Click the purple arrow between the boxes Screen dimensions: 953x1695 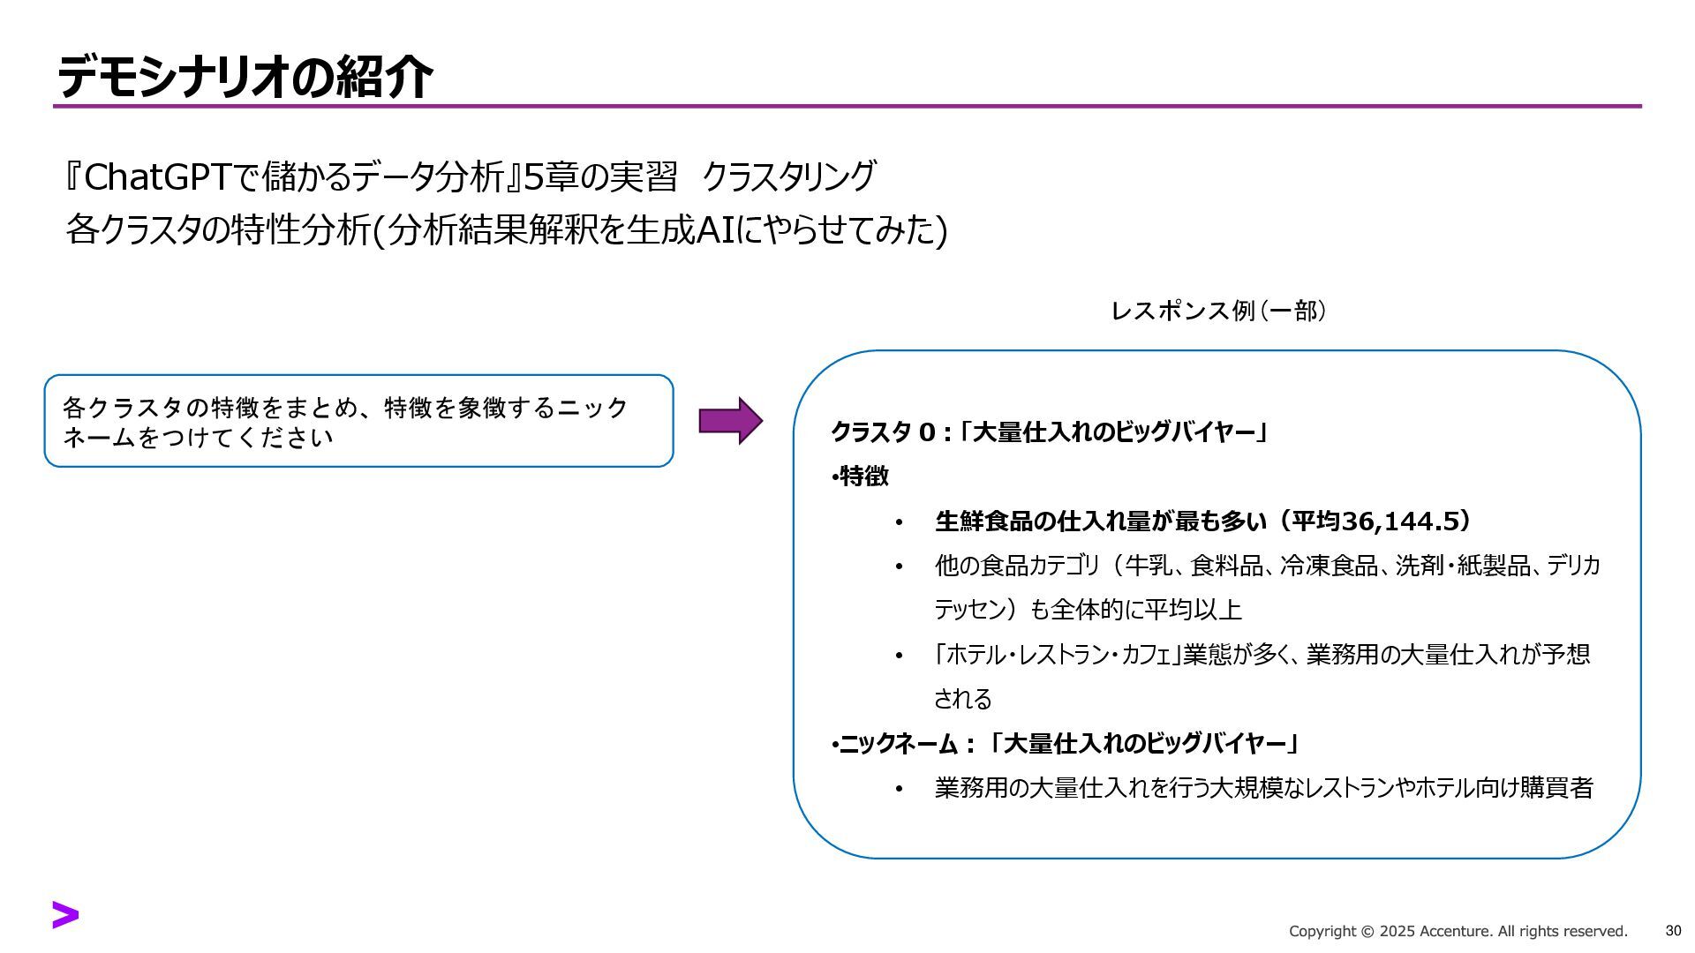pos(730,421)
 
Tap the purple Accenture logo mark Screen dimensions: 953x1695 pos(65,915)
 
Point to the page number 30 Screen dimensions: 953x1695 pos(1673,931)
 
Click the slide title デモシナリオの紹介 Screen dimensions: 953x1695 pos(245,76)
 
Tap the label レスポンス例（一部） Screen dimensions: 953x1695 pos(1218,311)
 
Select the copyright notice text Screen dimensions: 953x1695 pos(1458,932)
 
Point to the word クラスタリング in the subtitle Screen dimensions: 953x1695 pos(788,177)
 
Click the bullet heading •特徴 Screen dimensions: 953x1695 pos(860,476)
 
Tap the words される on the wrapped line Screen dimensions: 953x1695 pos(962,699)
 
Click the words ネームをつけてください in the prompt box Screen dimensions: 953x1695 pos(198,438)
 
